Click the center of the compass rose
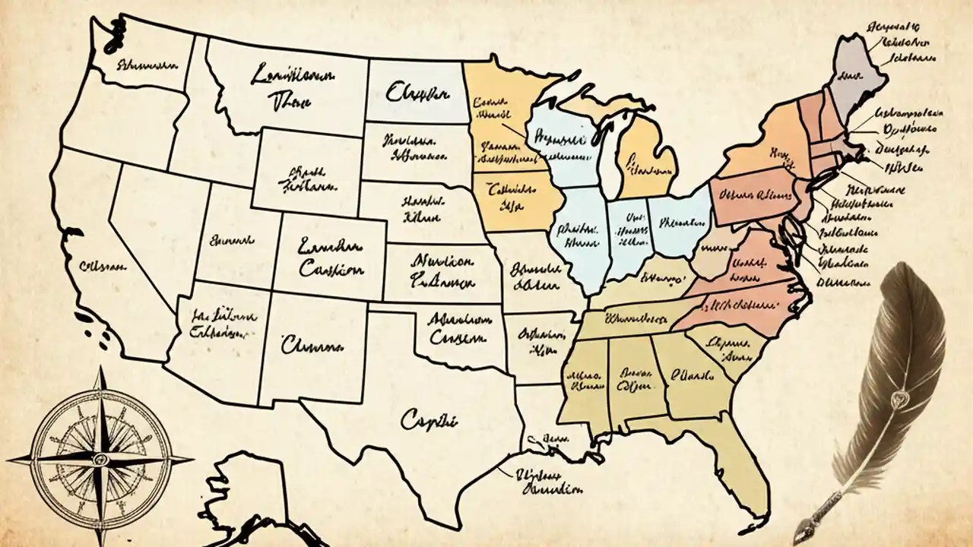click(99, 458)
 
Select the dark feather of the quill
click(908, 342)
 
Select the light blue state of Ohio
click(679, 224)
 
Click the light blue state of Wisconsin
click(563, 144)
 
